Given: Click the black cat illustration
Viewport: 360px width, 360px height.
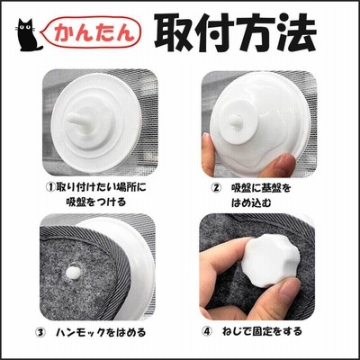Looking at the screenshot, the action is (x=28, y=34).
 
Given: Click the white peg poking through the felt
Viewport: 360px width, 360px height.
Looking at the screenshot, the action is (x=73, y=273).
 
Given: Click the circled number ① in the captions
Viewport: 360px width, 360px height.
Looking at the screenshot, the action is (x=50, y=187).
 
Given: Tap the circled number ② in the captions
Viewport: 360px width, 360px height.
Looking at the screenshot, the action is (x=215, y=188).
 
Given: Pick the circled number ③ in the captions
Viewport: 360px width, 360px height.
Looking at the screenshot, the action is (x=40, y=333).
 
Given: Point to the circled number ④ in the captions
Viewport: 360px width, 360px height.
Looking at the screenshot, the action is (x=207, y=332).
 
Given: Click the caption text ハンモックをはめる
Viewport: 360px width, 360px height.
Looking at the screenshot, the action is (x=101, y=333).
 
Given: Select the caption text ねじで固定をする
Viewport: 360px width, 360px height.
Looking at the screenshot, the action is (x=262, y=332).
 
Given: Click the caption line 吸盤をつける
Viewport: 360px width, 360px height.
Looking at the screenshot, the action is (x=96, y=202).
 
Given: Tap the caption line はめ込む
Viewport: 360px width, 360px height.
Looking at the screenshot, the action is (x=251, y=202).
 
